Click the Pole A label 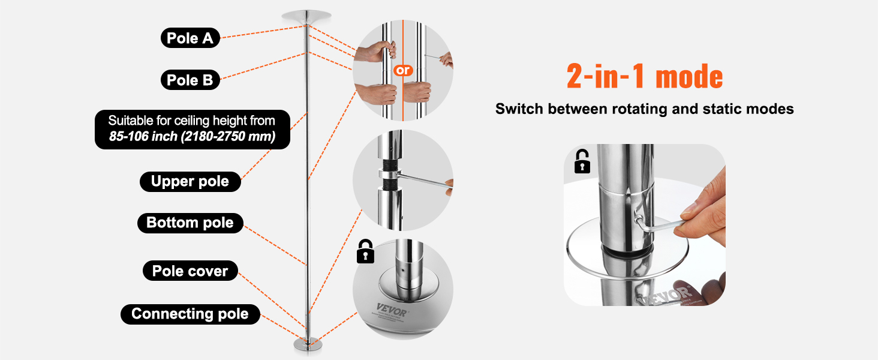click(190, 38)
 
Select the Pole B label click(190, 80)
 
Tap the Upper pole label click(190, 181)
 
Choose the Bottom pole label click(190, 223)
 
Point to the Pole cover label click(190, 271)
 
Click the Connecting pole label click(190, 314)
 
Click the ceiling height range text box click(192, 129)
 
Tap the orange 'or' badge click(403, 70)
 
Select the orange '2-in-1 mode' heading click(645, 76)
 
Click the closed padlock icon click(365, 251)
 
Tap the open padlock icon click(582, 161)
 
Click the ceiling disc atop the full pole click(306, 16)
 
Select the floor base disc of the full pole click(308, 345)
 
